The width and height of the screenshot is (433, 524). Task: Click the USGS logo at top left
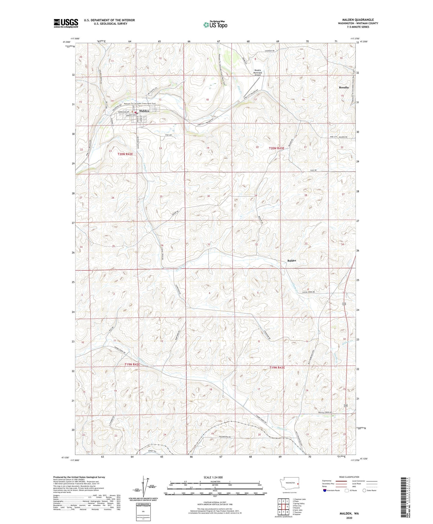[66, 23]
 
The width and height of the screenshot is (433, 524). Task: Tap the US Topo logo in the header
[215, 25]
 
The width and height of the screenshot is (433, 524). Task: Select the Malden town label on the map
[144, 111]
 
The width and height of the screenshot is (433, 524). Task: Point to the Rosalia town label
[344, 87]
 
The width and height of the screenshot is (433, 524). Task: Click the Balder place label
[292, 260]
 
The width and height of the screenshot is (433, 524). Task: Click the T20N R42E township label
[125, 154]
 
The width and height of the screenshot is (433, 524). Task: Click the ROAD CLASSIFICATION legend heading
[349, 477]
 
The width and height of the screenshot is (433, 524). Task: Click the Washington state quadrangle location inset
[289, 486]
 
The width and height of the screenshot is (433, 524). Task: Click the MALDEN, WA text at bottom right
[349, 513]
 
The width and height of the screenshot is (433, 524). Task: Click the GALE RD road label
[313, 170]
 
